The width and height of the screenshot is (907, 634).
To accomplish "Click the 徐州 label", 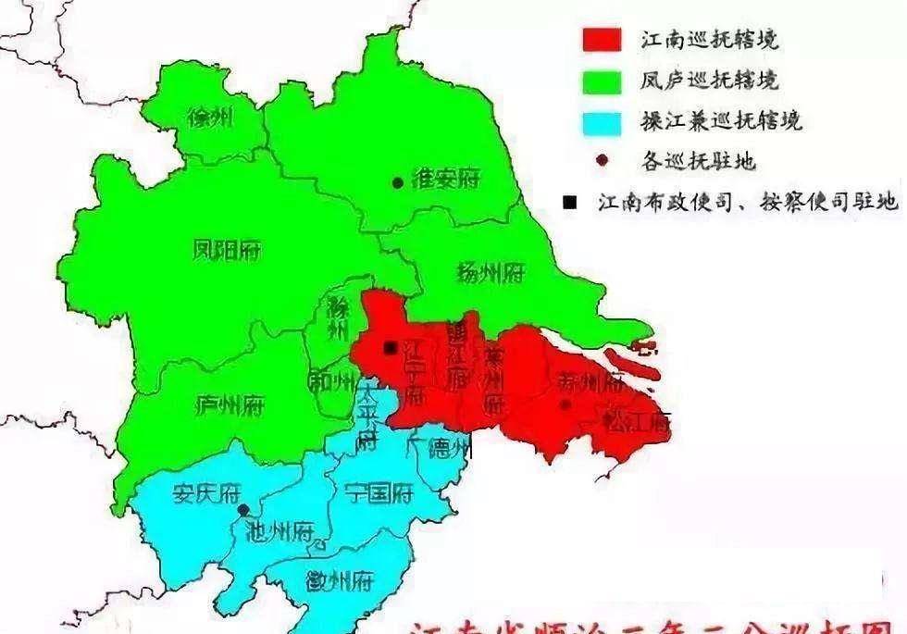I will click(210, 118).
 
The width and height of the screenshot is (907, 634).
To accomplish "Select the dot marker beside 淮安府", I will click(397, 183).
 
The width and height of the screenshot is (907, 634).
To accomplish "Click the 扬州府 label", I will click(491, 272).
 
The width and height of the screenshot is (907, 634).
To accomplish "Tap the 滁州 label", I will click(337, 319).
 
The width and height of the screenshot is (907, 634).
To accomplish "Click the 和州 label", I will click(331, 380).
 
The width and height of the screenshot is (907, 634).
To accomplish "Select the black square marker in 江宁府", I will click(391, 348).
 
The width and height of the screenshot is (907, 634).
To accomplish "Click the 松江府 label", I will click(636, 421).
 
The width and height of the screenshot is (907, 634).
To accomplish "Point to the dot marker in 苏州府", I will click(565, 404).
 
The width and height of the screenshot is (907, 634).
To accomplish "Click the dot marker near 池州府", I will click(242, 509).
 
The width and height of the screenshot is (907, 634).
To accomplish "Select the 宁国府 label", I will click(377, 492).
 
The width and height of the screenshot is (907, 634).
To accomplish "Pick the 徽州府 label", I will click(339, 580).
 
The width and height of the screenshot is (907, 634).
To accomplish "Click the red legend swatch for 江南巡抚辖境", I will click(602, 41).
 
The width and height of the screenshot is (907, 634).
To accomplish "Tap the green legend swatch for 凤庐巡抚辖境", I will click(602, 81).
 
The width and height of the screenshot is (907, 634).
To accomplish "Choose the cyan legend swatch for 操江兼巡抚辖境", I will click(602, 120).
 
